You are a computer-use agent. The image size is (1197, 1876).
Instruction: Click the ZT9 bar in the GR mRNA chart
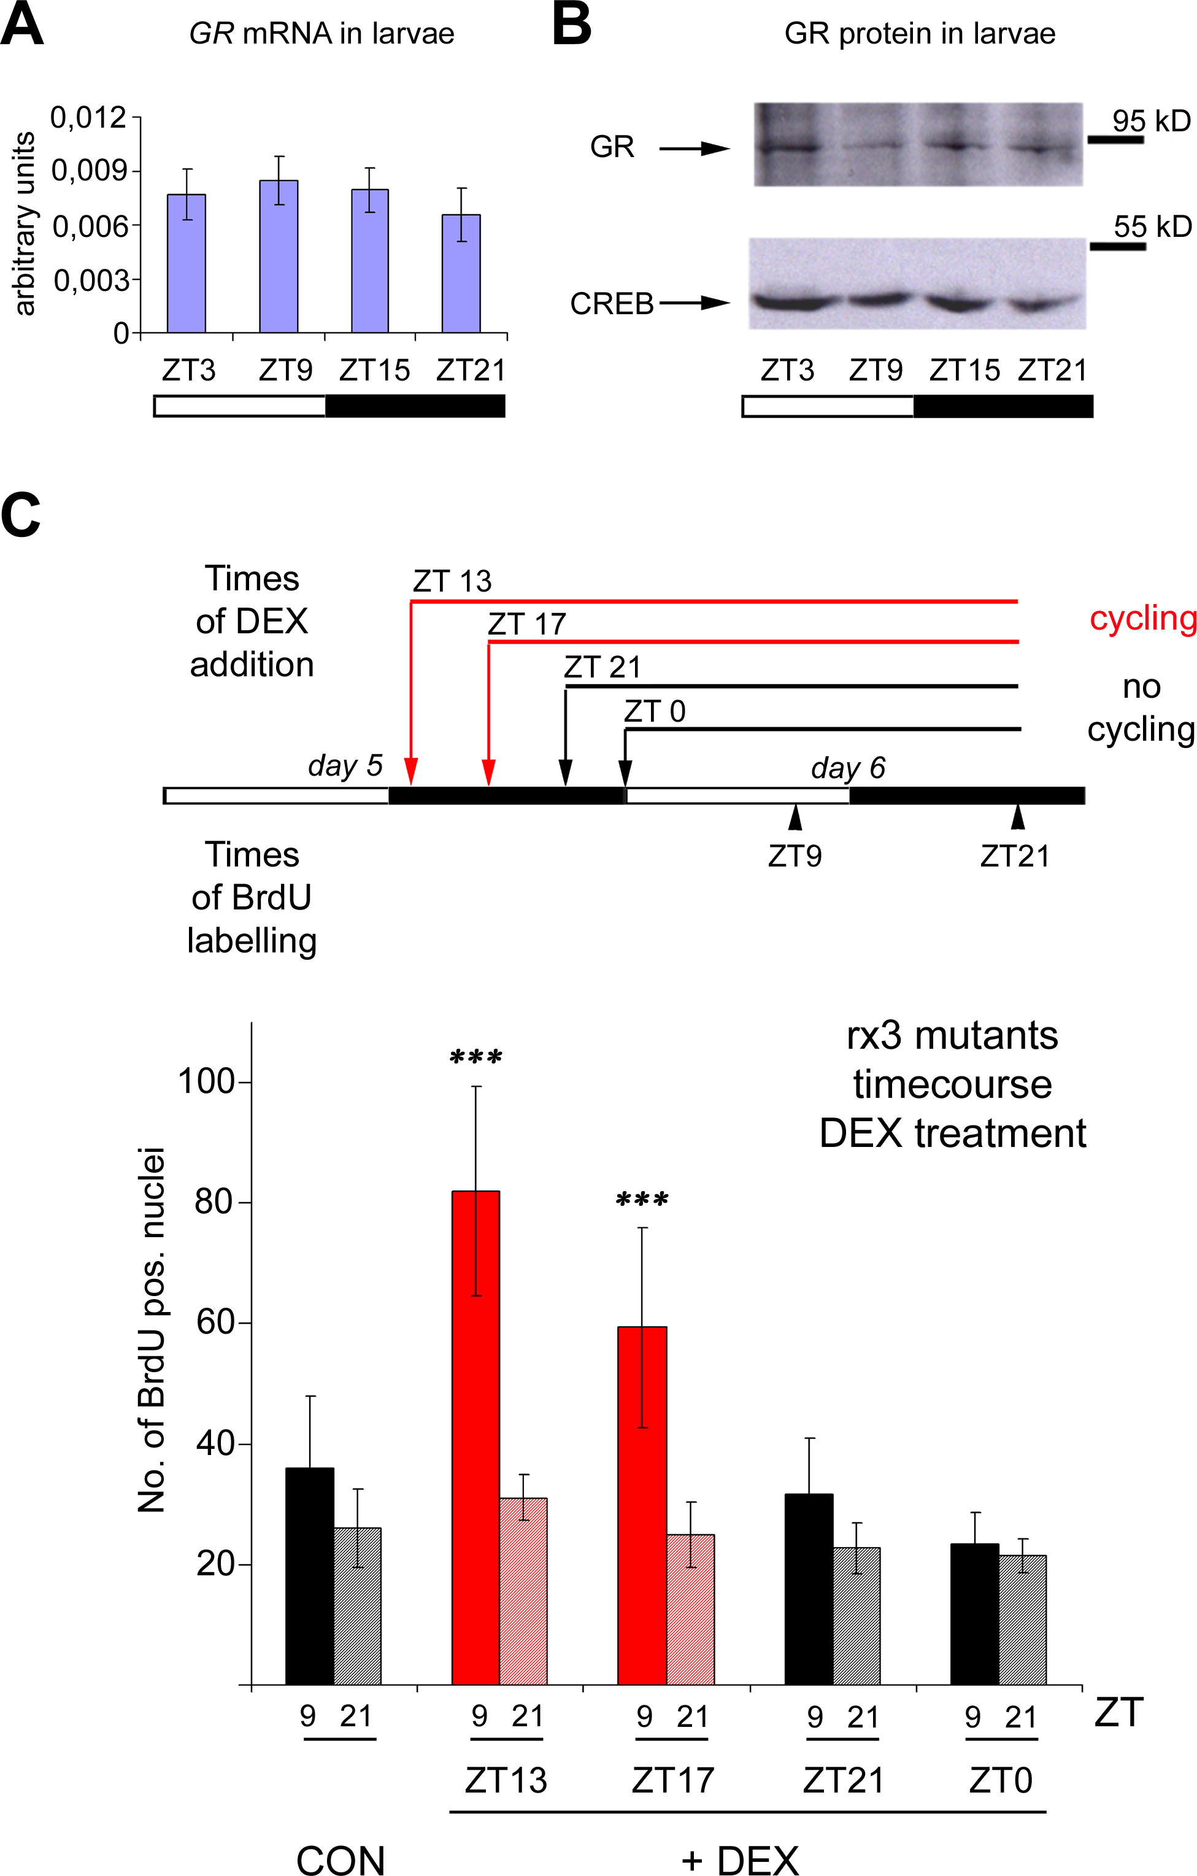[278, 257]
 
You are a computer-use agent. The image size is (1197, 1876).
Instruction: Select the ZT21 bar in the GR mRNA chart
[461, 274]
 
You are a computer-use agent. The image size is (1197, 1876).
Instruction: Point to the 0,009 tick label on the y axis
[89, 171]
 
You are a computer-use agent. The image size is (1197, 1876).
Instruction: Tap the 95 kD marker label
[1150, 121]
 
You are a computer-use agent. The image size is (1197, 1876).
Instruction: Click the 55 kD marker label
[1152, 226]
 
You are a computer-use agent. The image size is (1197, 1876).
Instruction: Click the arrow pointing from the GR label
[694, 148]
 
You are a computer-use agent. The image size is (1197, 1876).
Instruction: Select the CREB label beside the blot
[611, 304]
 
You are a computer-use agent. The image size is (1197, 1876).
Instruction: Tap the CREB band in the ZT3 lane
[788, 301]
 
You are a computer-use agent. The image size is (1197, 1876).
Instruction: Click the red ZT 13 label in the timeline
[452, 581]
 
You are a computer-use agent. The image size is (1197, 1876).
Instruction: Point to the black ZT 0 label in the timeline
[654, 711]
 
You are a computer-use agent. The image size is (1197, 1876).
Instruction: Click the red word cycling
[1142, 618]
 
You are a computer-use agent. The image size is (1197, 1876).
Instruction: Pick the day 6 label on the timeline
[847, 768]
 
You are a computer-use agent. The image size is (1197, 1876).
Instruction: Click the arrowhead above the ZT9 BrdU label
[795, 817]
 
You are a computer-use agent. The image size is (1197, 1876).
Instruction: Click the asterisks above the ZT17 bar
[642, 1200]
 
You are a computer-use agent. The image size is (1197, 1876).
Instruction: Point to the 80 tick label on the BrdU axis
[214, 1202]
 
